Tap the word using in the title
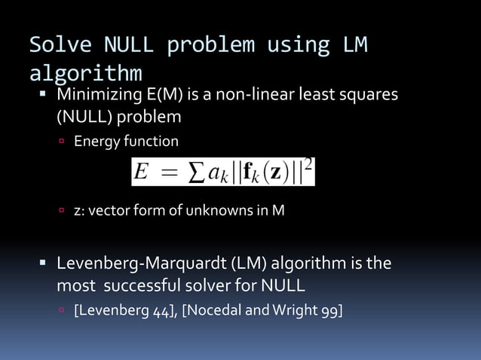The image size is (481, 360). point(296,45)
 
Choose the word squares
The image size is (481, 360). point(367,96)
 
